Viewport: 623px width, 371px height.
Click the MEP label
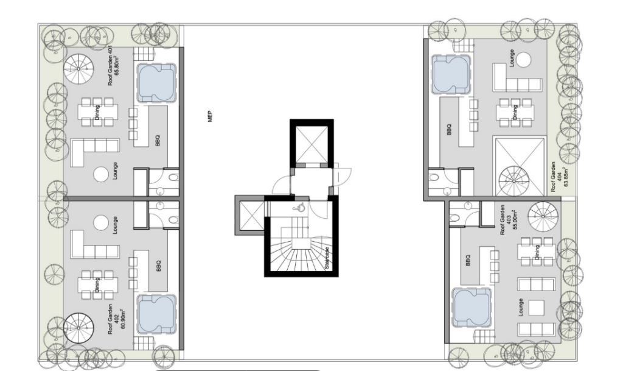[210, 116]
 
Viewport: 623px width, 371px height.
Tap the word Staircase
[327, 259]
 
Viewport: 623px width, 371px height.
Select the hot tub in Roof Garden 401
[156, 83]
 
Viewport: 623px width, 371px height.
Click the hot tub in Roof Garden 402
[156, 314]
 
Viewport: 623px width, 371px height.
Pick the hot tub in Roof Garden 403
[472, 308]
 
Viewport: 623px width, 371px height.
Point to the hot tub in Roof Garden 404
[451, 75]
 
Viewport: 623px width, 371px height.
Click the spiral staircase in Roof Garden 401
[78, 69]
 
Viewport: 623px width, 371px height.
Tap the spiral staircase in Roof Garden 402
[78, 328]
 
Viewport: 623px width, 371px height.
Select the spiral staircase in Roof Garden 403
[543, 216]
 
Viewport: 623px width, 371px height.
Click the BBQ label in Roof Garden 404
[450, 130]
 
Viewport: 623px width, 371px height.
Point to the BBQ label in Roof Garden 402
[158, 266]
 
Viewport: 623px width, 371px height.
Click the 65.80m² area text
[117, 66]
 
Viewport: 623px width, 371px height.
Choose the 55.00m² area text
[509, 220]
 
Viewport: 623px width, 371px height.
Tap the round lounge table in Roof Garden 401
[101, 174]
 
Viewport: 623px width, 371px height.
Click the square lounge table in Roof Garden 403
[537, 308]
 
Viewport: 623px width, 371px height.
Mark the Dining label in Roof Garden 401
[97, 113]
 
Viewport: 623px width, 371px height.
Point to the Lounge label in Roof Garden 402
[115, 225]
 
